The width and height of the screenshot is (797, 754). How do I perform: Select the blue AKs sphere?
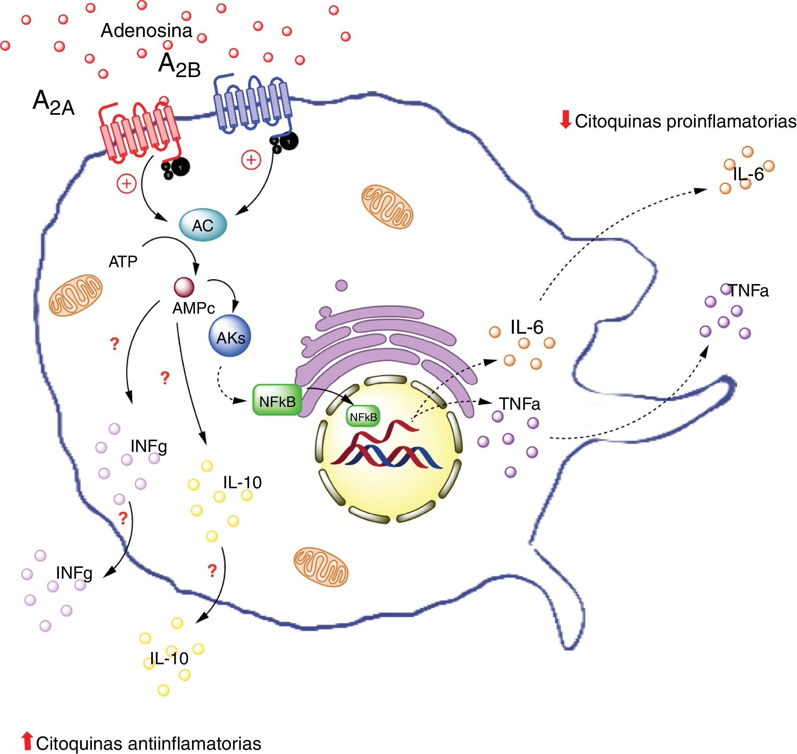230,336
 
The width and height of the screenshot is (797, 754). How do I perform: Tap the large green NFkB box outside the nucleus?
277,400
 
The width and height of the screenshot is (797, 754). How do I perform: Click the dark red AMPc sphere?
184,287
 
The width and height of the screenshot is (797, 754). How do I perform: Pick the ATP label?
123,262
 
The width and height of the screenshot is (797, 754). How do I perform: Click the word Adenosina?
146,31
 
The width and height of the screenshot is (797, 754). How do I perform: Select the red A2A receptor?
139,133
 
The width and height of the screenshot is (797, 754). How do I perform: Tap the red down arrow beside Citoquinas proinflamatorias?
565,119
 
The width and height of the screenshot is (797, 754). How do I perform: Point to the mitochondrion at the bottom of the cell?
321,567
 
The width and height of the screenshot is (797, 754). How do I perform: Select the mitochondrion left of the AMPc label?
75,295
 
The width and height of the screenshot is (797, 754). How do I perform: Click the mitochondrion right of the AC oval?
387,206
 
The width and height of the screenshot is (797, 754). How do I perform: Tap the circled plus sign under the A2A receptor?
127,183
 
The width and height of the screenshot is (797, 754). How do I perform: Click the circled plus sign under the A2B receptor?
251,160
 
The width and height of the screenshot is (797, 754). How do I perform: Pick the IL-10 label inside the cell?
242,482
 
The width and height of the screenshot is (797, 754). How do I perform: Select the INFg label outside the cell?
74,573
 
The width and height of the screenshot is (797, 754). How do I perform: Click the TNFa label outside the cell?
748,291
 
